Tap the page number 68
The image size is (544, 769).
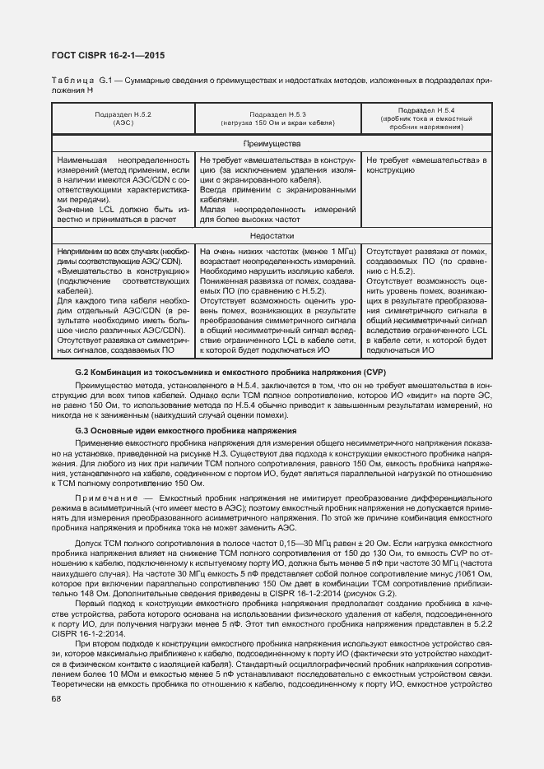[57, 699]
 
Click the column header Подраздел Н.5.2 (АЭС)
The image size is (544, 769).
[123, 118]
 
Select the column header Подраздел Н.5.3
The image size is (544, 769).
[277, 118]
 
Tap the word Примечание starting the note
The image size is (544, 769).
[105, 499]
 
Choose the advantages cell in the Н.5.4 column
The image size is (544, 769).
[426, 164]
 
